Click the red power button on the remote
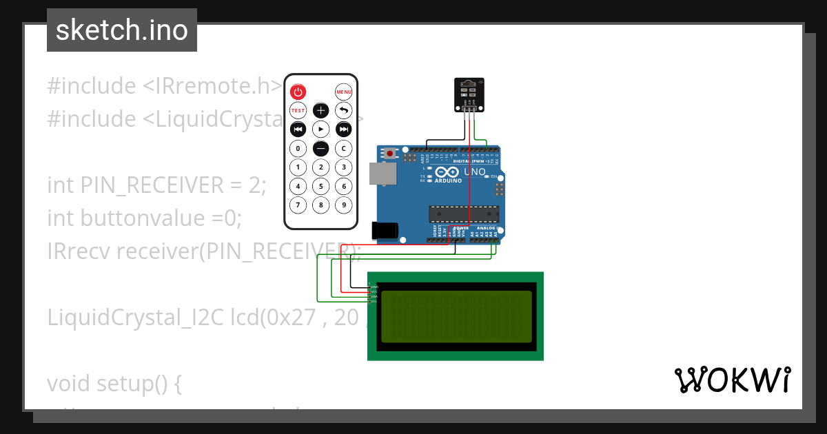click(x=298, y=92)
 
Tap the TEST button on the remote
click(x=298, y=110)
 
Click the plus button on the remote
click(x=320, y=110)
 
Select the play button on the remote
click(x=320, y=129)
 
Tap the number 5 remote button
click(x=320, y=185)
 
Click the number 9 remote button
click(x=343, y=204)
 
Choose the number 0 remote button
click(x=298, y=148)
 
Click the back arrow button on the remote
click(x=343, y=110)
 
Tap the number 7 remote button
click(x=298, y=204)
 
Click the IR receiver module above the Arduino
click(x=469, y=94)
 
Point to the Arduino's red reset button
click(x=391, y=153)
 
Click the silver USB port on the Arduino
click(x=382, y=174)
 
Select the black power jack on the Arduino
click(x=384, y=230)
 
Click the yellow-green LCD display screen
click(x=456, y=316)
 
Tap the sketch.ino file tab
click(x=122, y=30)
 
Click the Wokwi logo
click(x=733, y=380)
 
